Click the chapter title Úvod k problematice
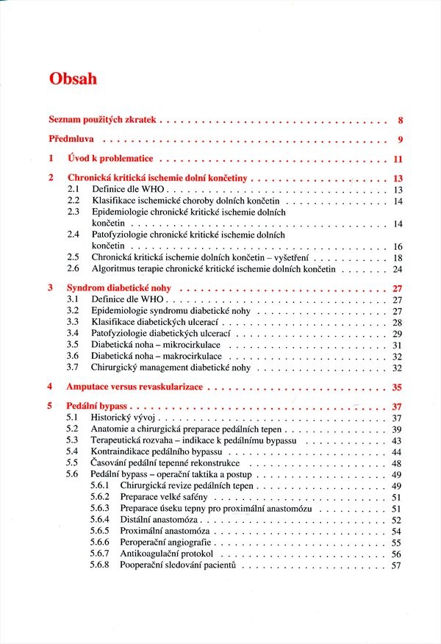click(110, 159)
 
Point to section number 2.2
click(73, 201)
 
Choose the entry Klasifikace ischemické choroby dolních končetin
click(185, 201)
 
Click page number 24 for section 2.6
click(398, 269)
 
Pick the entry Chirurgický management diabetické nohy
click(171, 367)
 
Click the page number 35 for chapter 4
click(398, 387)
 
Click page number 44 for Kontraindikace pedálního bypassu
click(398, 451)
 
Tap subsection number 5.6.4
click(100, 520)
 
